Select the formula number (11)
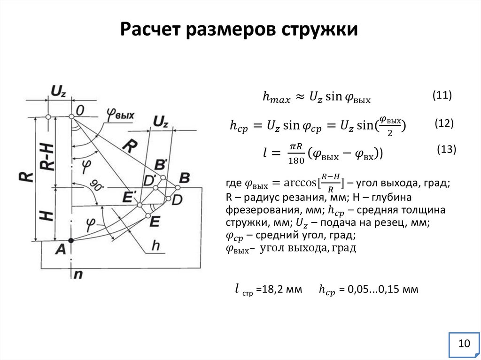pos(442,95)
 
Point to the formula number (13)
pos(446,150)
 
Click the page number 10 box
pos(464,344)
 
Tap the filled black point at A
pos(71,240)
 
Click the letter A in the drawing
pos(61,250)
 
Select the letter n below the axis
pos(78,275)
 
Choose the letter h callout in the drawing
pos(156,245)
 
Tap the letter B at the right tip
pos(185,177)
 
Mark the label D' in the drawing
pos(150,180)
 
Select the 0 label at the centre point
pos(80,110)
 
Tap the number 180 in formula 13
pos(295,160)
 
